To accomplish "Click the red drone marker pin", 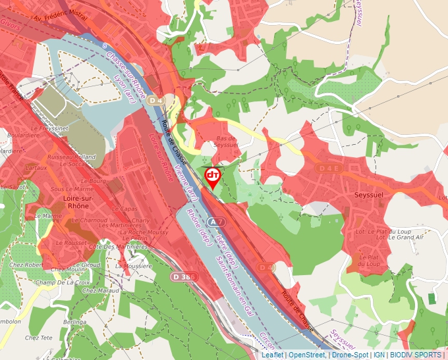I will point(213,176).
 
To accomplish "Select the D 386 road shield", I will point(184,277).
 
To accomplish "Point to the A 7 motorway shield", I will point(217,222).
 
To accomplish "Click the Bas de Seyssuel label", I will point(226,141).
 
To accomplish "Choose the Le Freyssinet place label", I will point(50,128).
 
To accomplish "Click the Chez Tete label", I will point(38,338).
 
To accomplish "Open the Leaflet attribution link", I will point(272,355).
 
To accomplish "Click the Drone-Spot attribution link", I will point(349,355).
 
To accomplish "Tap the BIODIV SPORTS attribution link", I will point(416,355).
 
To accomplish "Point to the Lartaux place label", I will point(36,168).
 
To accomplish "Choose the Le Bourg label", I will point(94,180).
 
